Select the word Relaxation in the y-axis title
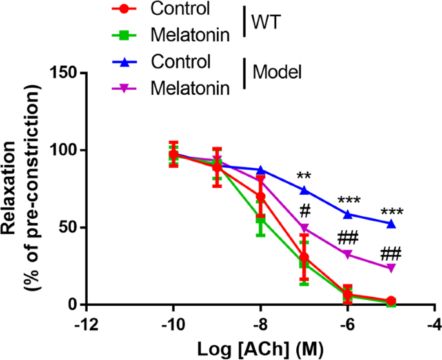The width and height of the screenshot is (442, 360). coord(14,189)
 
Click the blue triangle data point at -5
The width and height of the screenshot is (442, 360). coord(390,223)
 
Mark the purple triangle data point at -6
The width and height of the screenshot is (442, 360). coord(347,254)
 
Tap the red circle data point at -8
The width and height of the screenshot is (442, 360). coord(261,197)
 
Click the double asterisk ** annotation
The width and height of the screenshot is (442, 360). coord(305,176)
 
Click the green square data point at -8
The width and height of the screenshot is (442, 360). coord(261,221)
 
